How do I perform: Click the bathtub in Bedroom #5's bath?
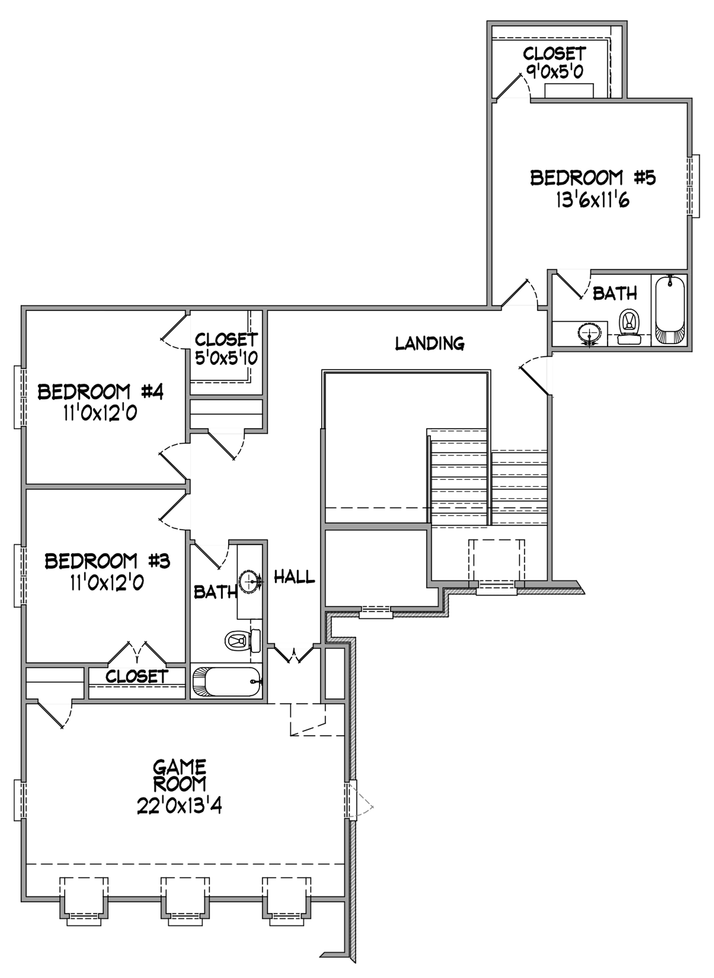click(x=670, y=310)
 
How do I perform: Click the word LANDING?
click(x=430, y=344)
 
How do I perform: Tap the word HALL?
click(x=294, y=577)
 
